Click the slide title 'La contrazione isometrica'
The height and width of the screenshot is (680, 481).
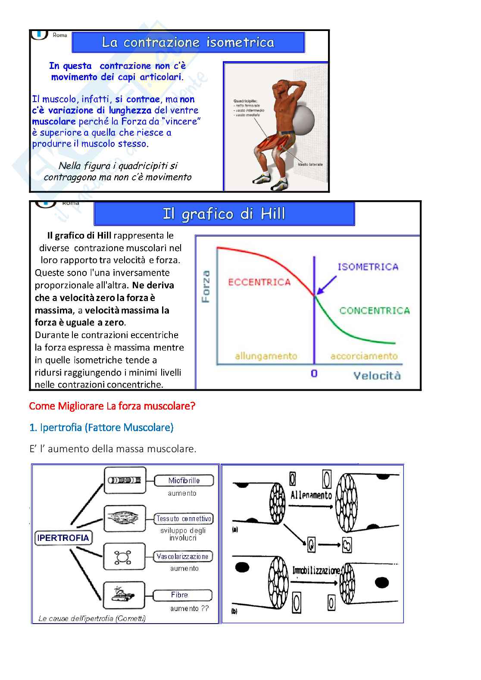(x=188, y=42)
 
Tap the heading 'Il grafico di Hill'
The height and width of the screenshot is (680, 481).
(x=224, y=214)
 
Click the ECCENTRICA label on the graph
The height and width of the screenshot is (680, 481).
(x=259, y=282)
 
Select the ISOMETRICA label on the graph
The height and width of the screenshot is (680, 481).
(x=368, y=267)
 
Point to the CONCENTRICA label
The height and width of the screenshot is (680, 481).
(x=374, y=311)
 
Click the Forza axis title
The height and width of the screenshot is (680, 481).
(x=206, y=286)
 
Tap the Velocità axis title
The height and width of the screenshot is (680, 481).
(x=377, y=376)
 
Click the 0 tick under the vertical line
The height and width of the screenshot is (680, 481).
(x=314, y=373)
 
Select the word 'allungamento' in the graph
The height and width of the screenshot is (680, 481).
(x=266, y=356)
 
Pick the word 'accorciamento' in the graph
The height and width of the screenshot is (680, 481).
(x=364, y=356)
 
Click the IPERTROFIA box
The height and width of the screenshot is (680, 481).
(x=63, y=537)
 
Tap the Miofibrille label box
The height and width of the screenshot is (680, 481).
(x=184, y=481)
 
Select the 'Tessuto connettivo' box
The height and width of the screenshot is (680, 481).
(x=184, y=519)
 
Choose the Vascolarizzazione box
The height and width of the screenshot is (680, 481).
(x=183, y=556)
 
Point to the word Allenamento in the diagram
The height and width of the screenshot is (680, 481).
(x=311, y=495)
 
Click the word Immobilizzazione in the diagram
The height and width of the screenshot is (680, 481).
(x=316, y=571)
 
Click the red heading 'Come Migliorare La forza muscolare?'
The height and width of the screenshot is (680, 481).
(x=112, y=406)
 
